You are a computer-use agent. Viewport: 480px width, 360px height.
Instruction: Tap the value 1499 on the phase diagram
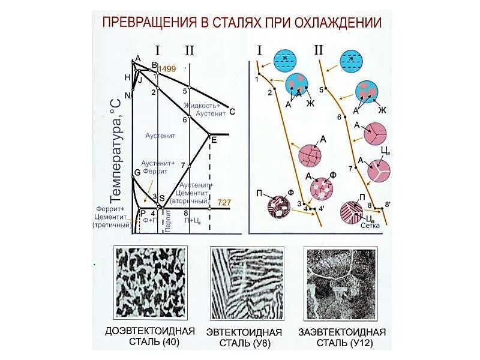click(167, 70)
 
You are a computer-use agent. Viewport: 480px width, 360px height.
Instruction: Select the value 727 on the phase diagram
click(224, 202)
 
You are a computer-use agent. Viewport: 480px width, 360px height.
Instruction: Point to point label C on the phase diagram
click(232, 112)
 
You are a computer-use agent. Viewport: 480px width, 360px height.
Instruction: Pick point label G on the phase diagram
click(137, 172)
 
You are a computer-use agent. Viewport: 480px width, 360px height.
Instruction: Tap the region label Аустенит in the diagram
click(160, 136)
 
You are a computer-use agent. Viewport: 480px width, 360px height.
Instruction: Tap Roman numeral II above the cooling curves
click(319, 50)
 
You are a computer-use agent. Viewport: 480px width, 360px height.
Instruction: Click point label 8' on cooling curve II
click(388, 205)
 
